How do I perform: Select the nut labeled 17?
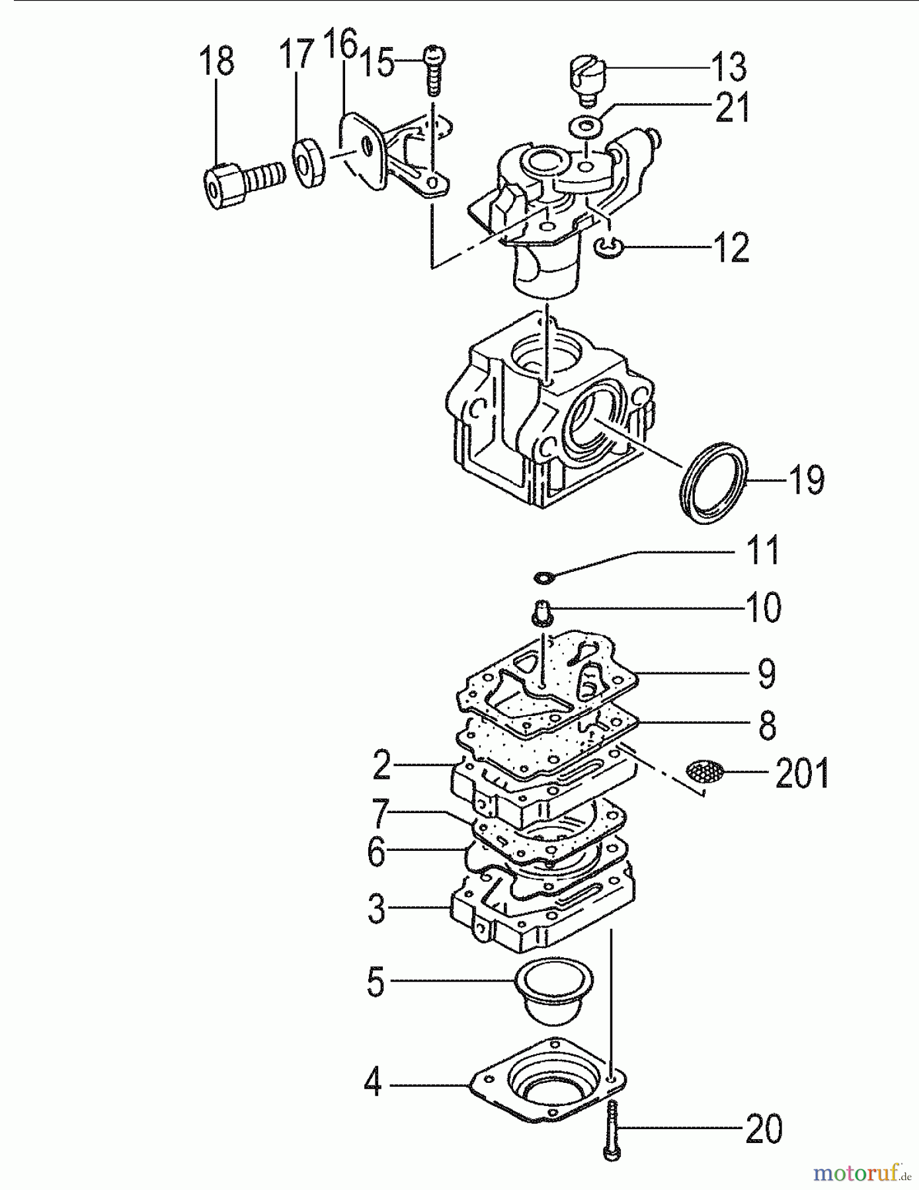pyautogui.click(x=309, y=163)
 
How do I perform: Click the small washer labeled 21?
pyautogui.click(x=585, y=124)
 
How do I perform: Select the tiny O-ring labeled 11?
pyautogui.click(x=542, y=578)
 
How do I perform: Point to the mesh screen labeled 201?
pyautogui.click(x=705, y=771)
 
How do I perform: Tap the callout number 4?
pyautogui.click(x=373, y=1082)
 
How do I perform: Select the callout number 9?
pyautogui.click(x=766, y=674)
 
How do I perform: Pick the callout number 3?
pyautogui.click(x=376, y=908)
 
